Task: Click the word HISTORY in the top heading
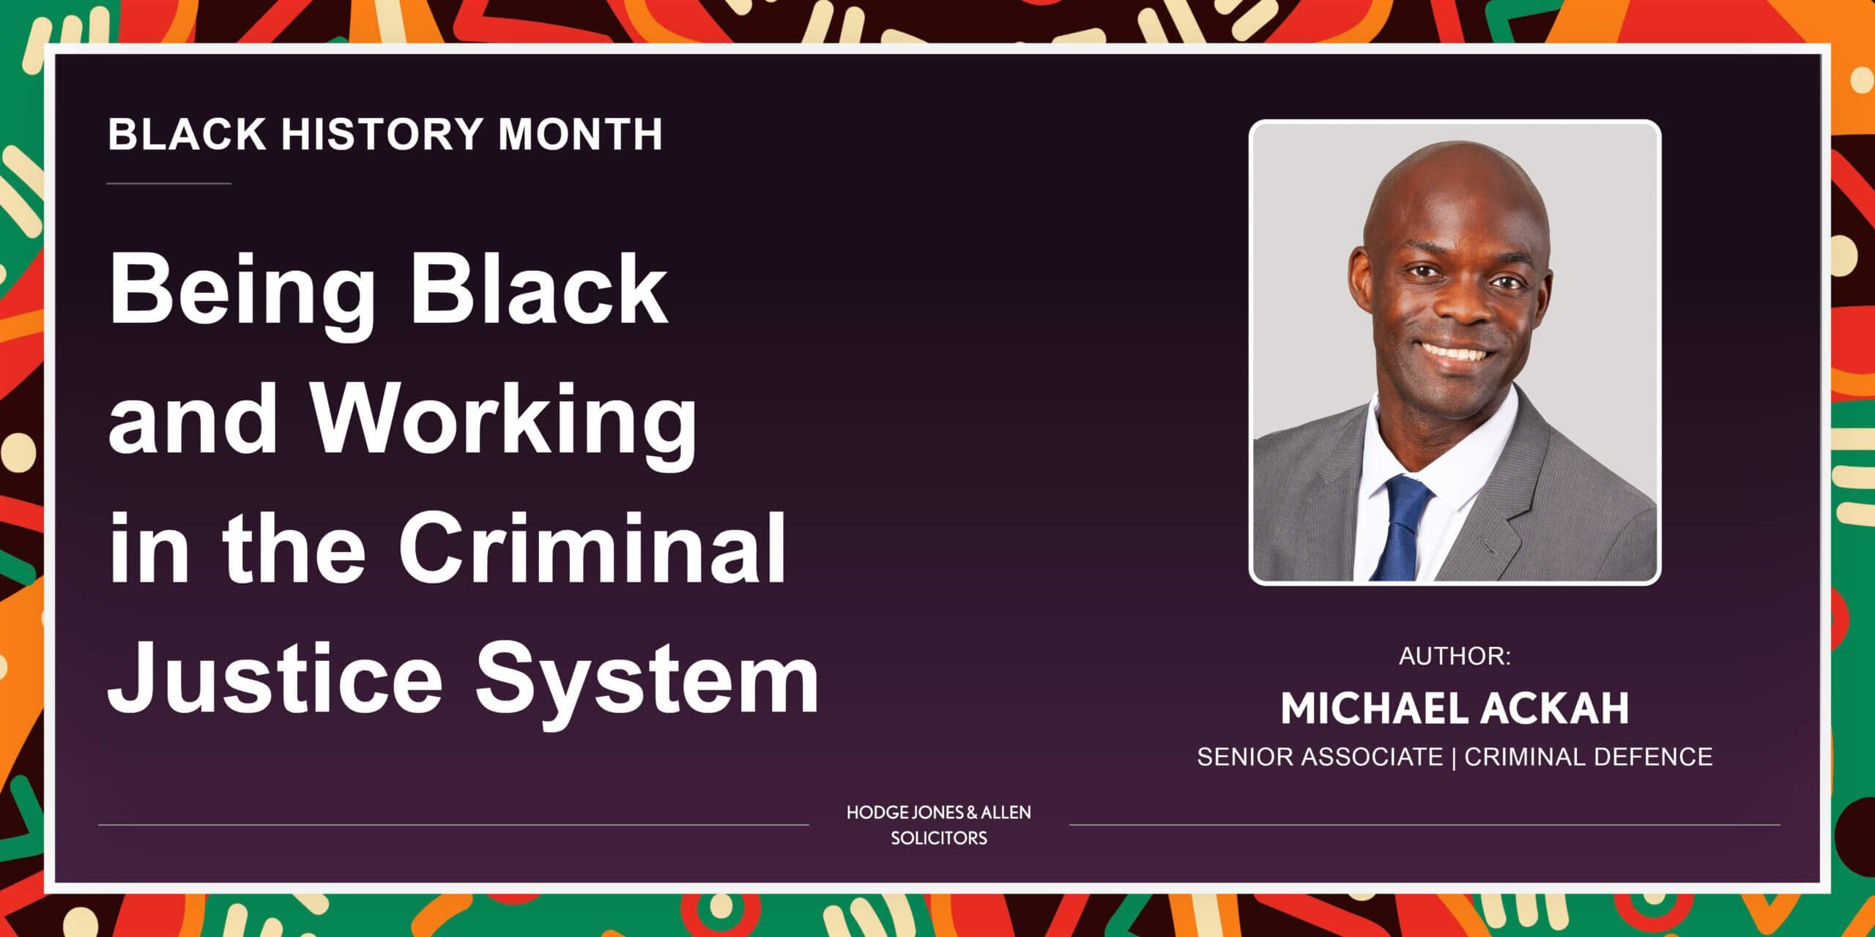[x=382, y=134]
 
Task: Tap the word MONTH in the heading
[x=580, y=134]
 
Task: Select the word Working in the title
[x=505, y=422]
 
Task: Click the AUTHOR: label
[x=1455, y=656]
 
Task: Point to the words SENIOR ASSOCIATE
[x=1320, y=756]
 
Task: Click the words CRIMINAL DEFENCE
[x=1589, y=756]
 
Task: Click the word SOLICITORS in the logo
[x=939, y=837]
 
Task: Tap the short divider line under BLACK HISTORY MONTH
[x=169, y=183]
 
